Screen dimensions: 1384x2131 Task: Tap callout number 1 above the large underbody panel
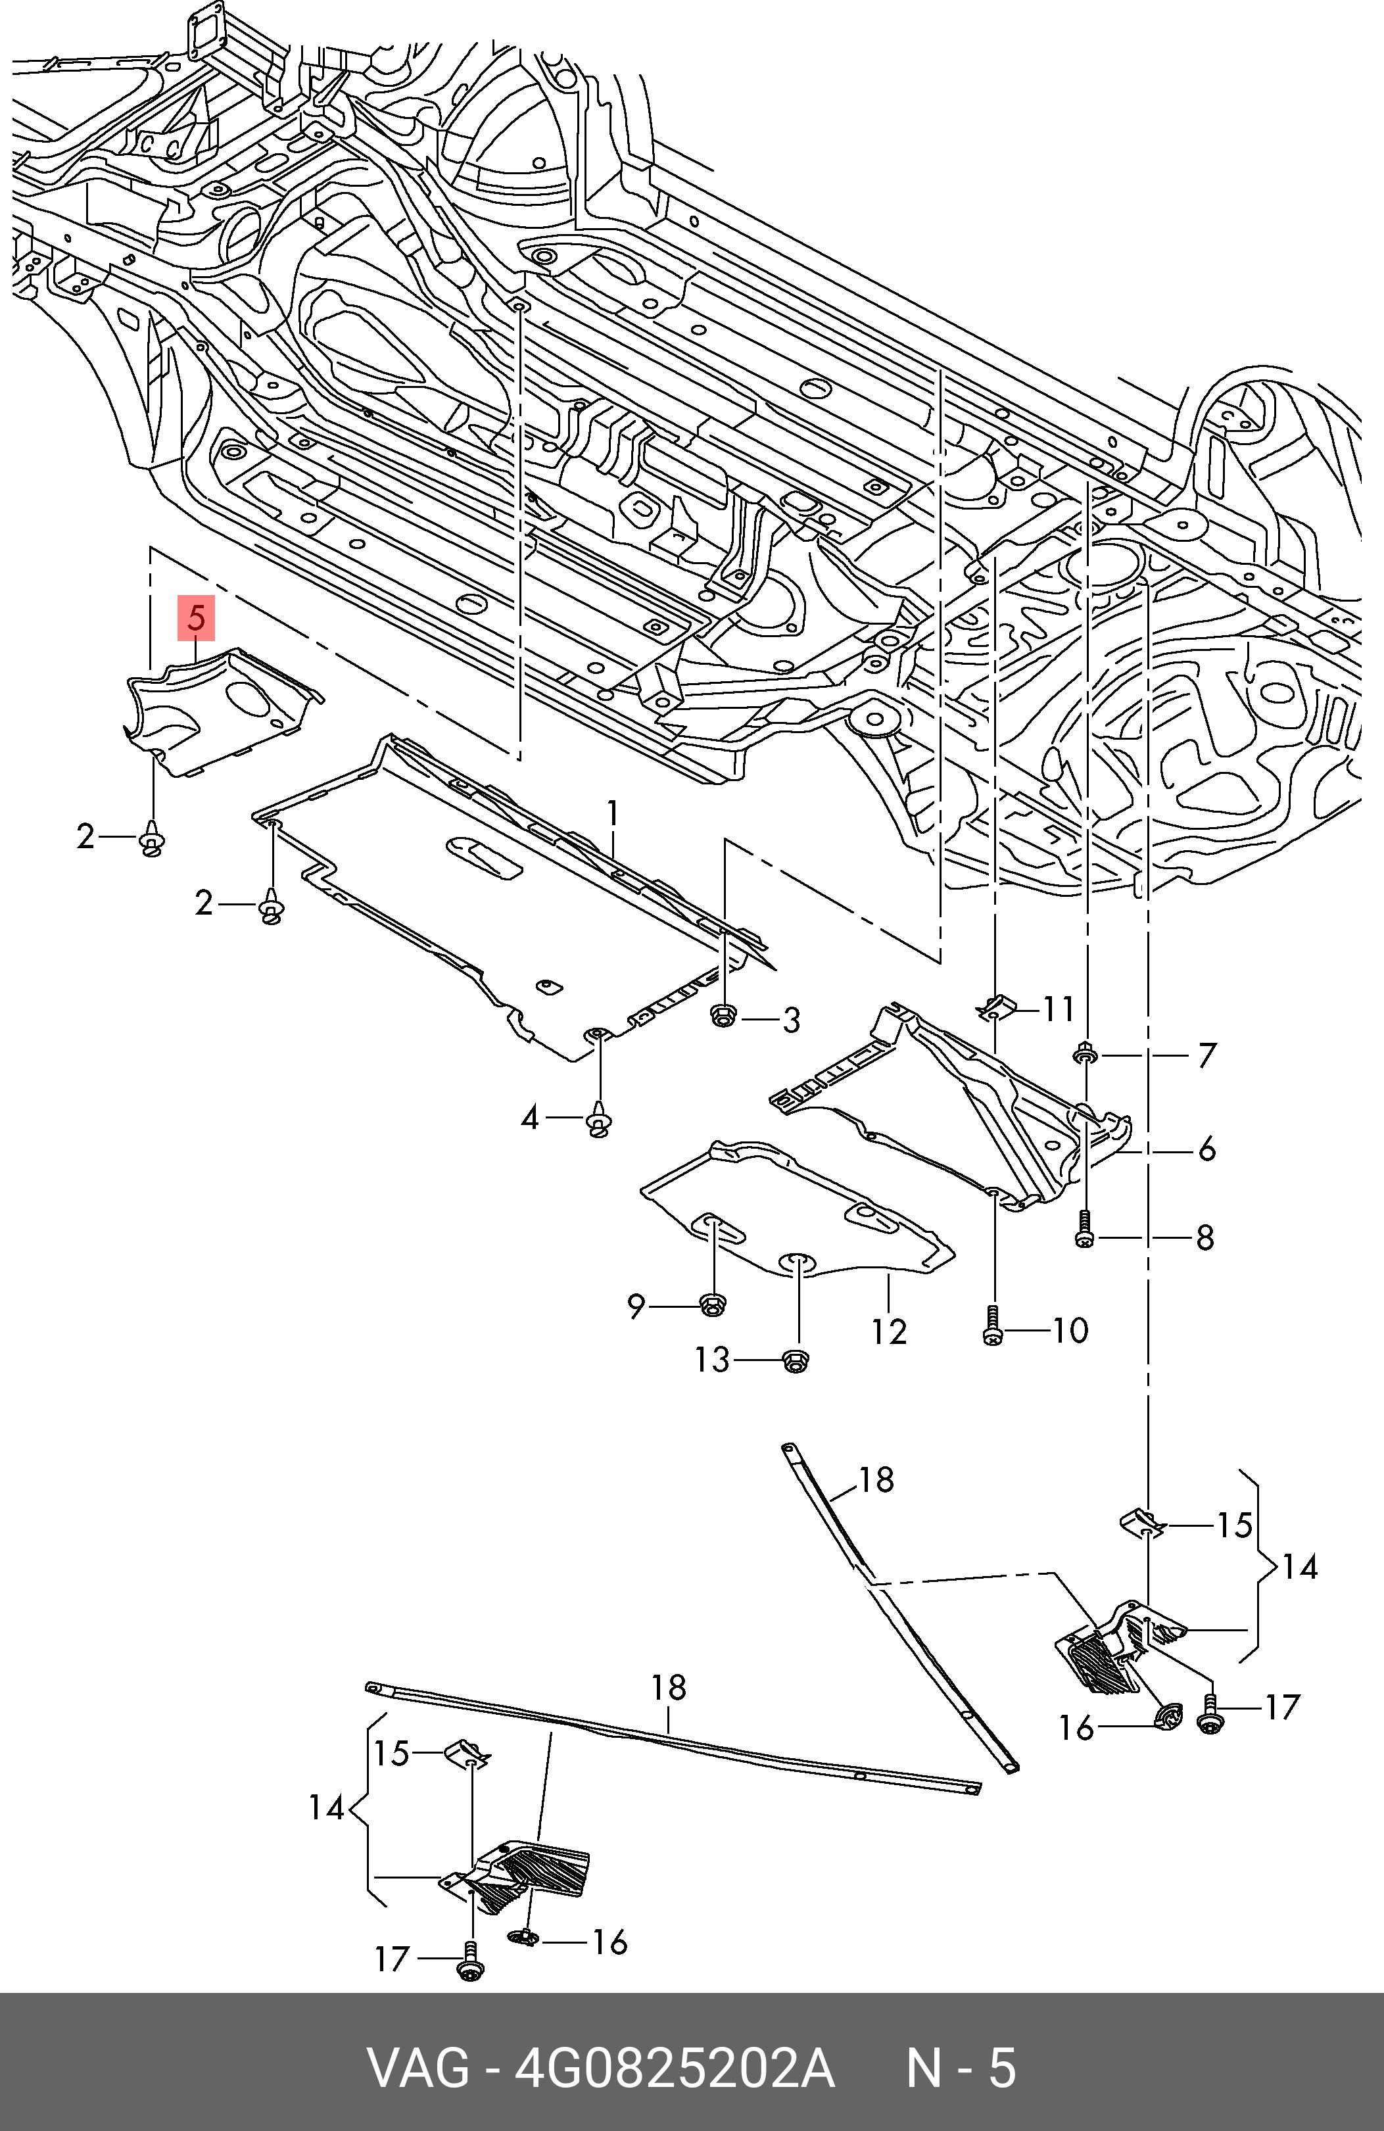pos(613,814)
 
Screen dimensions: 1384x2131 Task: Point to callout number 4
pos(531,1118)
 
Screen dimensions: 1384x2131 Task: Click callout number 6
pos(1206,1149)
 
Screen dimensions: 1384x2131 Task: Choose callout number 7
pos(1206,1056)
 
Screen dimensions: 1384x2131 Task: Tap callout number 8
pos(1206,1238)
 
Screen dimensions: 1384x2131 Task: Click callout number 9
pos(636,1307)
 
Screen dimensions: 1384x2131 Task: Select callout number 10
pos(1070,1331)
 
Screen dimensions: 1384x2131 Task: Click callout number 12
pos(890,1331)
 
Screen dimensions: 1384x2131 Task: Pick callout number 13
pos(713,1361)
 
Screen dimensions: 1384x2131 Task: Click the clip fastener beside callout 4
pos(599,1121)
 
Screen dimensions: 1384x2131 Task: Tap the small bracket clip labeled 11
pos(996,1008)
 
